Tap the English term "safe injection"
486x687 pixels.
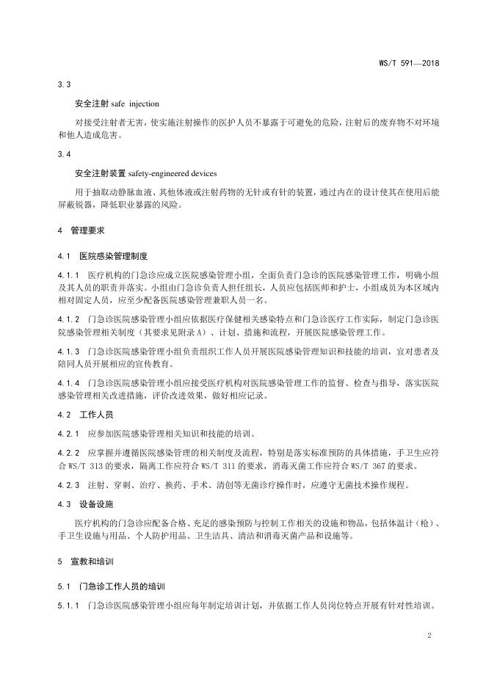click(136, 103)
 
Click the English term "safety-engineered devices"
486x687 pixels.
click(173, 173)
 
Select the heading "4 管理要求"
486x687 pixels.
click(82, 230)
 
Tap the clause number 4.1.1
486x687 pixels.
click(68, 274)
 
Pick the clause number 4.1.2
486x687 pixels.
click(68, 319)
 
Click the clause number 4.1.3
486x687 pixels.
click(68, 351)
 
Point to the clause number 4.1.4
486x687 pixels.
click(68, 382)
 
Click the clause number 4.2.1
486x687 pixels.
click(68, 433)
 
